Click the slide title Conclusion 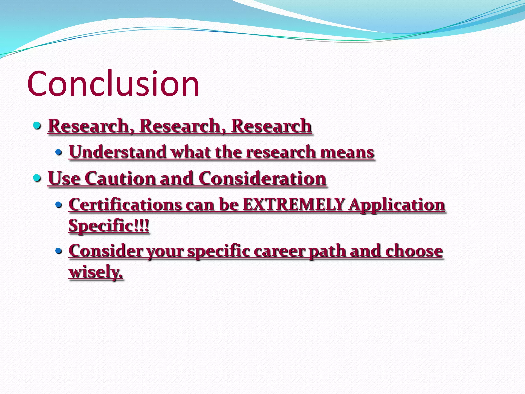pos(113,84)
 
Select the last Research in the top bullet pos(271,126)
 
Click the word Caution pos(120,178)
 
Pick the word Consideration pos(262,178)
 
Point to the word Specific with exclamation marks pos(109,226)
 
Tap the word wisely pos(95,272)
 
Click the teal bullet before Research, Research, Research pos(37,126)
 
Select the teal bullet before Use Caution pos(37,178)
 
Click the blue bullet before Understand pos(59,152)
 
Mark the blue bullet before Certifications pos(59,205)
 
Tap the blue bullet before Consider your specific pos(59,251)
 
